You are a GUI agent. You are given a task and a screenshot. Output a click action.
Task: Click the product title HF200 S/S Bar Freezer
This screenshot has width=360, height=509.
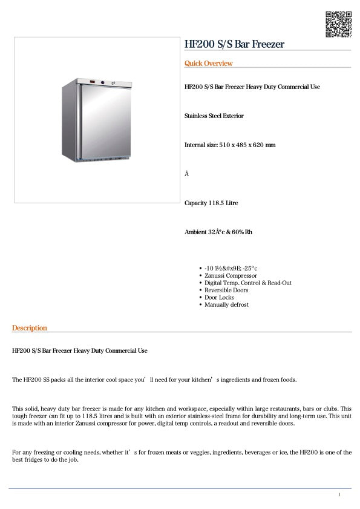click(234, 44)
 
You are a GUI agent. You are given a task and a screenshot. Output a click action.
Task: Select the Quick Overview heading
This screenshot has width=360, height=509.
click(208, 64)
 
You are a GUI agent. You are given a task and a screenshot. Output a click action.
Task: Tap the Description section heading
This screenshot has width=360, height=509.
click(29, 328)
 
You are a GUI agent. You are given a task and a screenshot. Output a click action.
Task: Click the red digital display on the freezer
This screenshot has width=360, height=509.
click(92, 82)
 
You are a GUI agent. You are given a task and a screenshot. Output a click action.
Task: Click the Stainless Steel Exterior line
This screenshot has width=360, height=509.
click(214, 116)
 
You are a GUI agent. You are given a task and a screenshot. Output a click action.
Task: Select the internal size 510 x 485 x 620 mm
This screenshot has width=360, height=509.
click(230, 145)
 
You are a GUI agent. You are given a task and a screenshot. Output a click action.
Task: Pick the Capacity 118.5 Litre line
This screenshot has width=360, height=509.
click(211, 203)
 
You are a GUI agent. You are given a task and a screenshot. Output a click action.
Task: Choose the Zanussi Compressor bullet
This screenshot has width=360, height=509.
click(231, 275)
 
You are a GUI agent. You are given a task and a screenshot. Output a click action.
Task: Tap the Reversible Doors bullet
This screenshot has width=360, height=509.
click(226, 290)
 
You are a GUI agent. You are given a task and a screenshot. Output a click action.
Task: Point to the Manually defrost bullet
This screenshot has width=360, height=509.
click(226, 304)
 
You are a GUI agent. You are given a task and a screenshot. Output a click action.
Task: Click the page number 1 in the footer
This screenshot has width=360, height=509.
click(339, 495)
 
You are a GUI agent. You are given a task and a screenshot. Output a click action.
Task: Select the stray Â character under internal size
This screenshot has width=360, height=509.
click(187, 174)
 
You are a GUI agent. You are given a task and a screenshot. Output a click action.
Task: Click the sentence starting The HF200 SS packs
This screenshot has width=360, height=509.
click(154, 380)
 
